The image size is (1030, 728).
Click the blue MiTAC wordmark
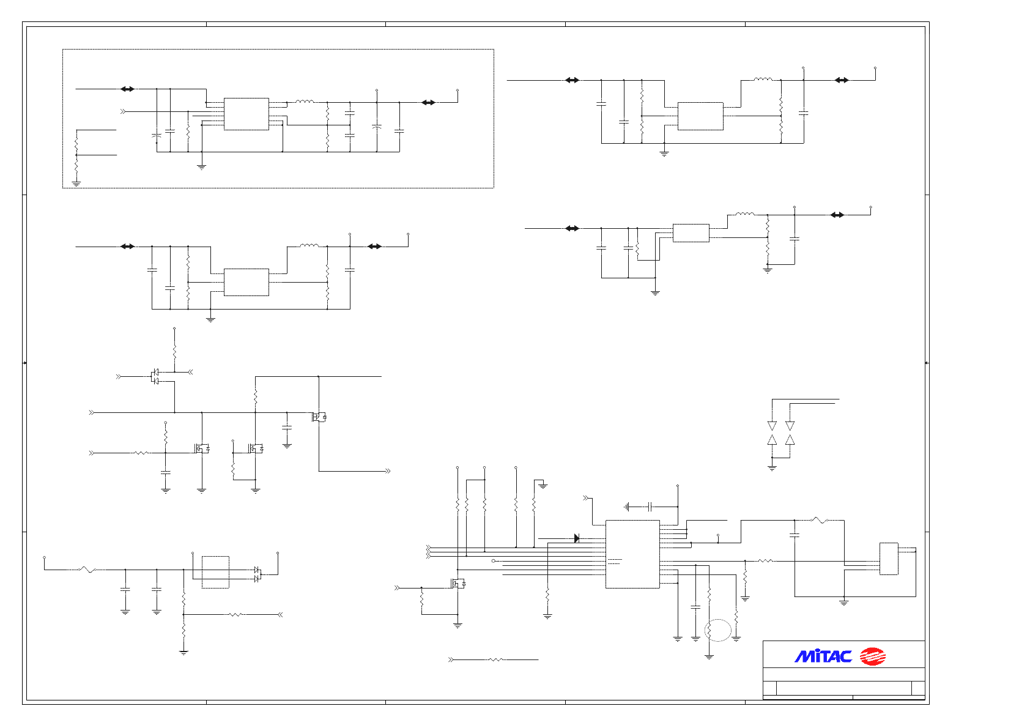[x=823, y=656]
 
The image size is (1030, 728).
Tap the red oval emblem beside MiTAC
[x=873, y=656]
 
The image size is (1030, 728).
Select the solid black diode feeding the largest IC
[x=576, y=538]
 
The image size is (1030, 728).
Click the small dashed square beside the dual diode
[x=215, y=572]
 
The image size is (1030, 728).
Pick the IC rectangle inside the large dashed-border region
[x=246, y=114]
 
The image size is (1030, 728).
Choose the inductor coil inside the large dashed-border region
[x=305, y=102]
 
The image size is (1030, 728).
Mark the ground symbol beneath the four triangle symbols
[x=772, y=467]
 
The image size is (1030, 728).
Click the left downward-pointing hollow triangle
[x=772, y=425]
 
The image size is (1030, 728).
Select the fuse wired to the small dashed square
[x=87, y=570]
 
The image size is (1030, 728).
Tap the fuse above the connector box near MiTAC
[x=820, y=521]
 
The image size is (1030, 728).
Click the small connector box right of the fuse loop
[x=889, y=559]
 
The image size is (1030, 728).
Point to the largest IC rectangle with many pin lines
[x=632, y=554]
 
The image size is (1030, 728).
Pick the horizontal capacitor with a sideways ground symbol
[x=650, y=507]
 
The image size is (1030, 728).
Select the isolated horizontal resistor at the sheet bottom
[x=495, y=660]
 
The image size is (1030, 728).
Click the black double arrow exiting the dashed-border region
[x=428, y=102]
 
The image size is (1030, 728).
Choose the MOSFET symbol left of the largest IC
[x=458, y=584]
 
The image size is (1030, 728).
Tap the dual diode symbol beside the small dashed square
[x=257, y=574]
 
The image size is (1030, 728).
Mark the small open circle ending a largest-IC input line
[x=494, y=560]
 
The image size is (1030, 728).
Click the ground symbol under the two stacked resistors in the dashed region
[x=76, y=182]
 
